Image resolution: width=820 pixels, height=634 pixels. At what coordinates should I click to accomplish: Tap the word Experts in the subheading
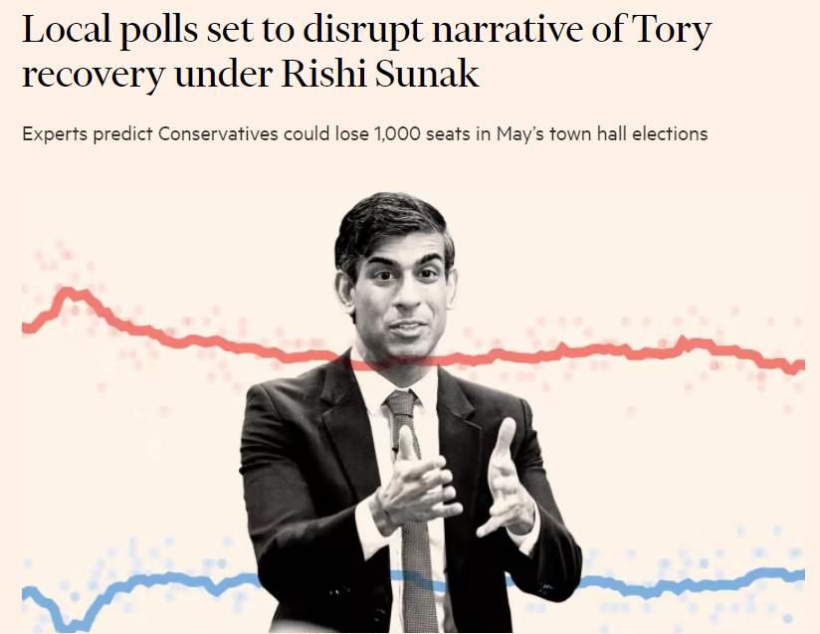tap(55, 133)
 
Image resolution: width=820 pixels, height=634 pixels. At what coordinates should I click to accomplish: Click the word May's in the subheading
tap(518, 133)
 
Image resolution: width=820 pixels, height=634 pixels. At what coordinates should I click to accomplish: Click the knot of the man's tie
tap(402, 403)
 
